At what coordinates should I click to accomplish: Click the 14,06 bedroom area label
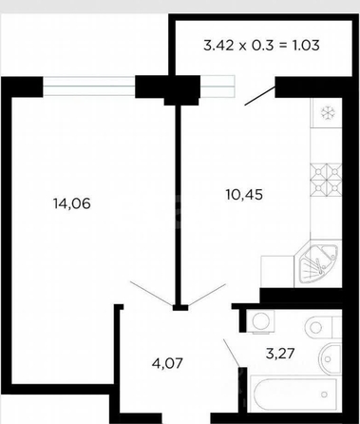[x=72, y=203]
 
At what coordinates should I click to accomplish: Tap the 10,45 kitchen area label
[x=244, y=194]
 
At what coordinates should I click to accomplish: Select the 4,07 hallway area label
[x=167, y=363]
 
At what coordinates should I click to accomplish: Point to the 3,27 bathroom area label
[x=280, y=353]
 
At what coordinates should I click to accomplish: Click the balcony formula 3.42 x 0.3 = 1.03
[x=261, y=46]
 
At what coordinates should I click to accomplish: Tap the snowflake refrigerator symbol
[x=327, y=113]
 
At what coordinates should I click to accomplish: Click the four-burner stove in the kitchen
[x=326, y=180]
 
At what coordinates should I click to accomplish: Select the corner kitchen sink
[x=318, y=264]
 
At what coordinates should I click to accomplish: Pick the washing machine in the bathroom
[x=260, y=321]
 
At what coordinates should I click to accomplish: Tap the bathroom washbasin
[x=331, y=359]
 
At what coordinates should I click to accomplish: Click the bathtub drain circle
[x=324, y=395]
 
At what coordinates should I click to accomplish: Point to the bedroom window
[x=89, y=86]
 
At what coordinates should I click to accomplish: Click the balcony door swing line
[x=259, y=95]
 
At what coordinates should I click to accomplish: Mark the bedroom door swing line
[x=152, y=294]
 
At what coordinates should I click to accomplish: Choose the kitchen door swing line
[x=207, y=295]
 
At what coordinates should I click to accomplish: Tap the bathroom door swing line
[x=232, y=353]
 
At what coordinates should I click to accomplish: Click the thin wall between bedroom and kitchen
[x=179, y=204]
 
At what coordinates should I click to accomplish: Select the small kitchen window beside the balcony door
[x=218, y=87]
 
